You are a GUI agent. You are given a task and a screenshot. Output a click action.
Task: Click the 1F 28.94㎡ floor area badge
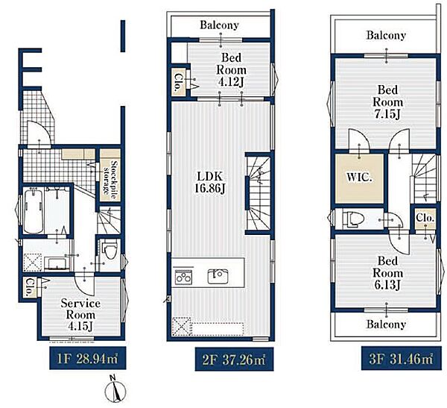click(87, 358)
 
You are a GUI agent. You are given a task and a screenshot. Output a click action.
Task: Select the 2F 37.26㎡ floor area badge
click(234, 360)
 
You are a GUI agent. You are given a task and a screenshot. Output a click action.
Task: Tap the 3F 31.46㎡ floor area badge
click(401, 358)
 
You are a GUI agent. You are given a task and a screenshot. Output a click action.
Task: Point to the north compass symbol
click(115, 390)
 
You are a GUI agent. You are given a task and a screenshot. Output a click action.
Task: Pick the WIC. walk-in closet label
click(359, 178)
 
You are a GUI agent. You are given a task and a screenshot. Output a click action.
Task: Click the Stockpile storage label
click(110, 178)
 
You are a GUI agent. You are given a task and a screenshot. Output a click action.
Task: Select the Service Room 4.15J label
click(80, 315)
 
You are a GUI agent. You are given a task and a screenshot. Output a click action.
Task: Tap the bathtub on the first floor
click(34, 210)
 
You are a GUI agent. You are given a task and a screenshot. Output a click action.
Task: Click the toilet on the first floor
click(110, 251)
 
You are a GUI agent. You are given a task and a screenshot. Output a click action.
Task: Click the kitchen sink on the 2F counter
click(218, 276)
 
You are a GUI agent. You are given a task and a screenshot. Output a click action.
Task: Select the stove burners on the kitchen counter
click(183, 276)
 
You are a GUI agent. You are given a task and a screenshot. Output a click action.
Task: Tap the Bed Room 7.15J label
click(387, 102)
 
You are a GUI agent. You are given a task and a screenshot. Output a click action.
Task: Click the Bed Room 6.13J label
click(387, 273)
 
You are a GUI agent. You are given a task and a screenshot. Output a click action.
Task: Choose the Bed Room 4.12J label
click(232, 70)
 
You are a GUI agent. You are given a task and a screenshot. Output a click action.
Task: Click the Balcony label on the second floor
click(219, 25)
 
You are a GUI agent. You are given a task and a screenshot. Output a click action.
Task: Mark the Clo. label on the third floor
click(425, 218)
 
